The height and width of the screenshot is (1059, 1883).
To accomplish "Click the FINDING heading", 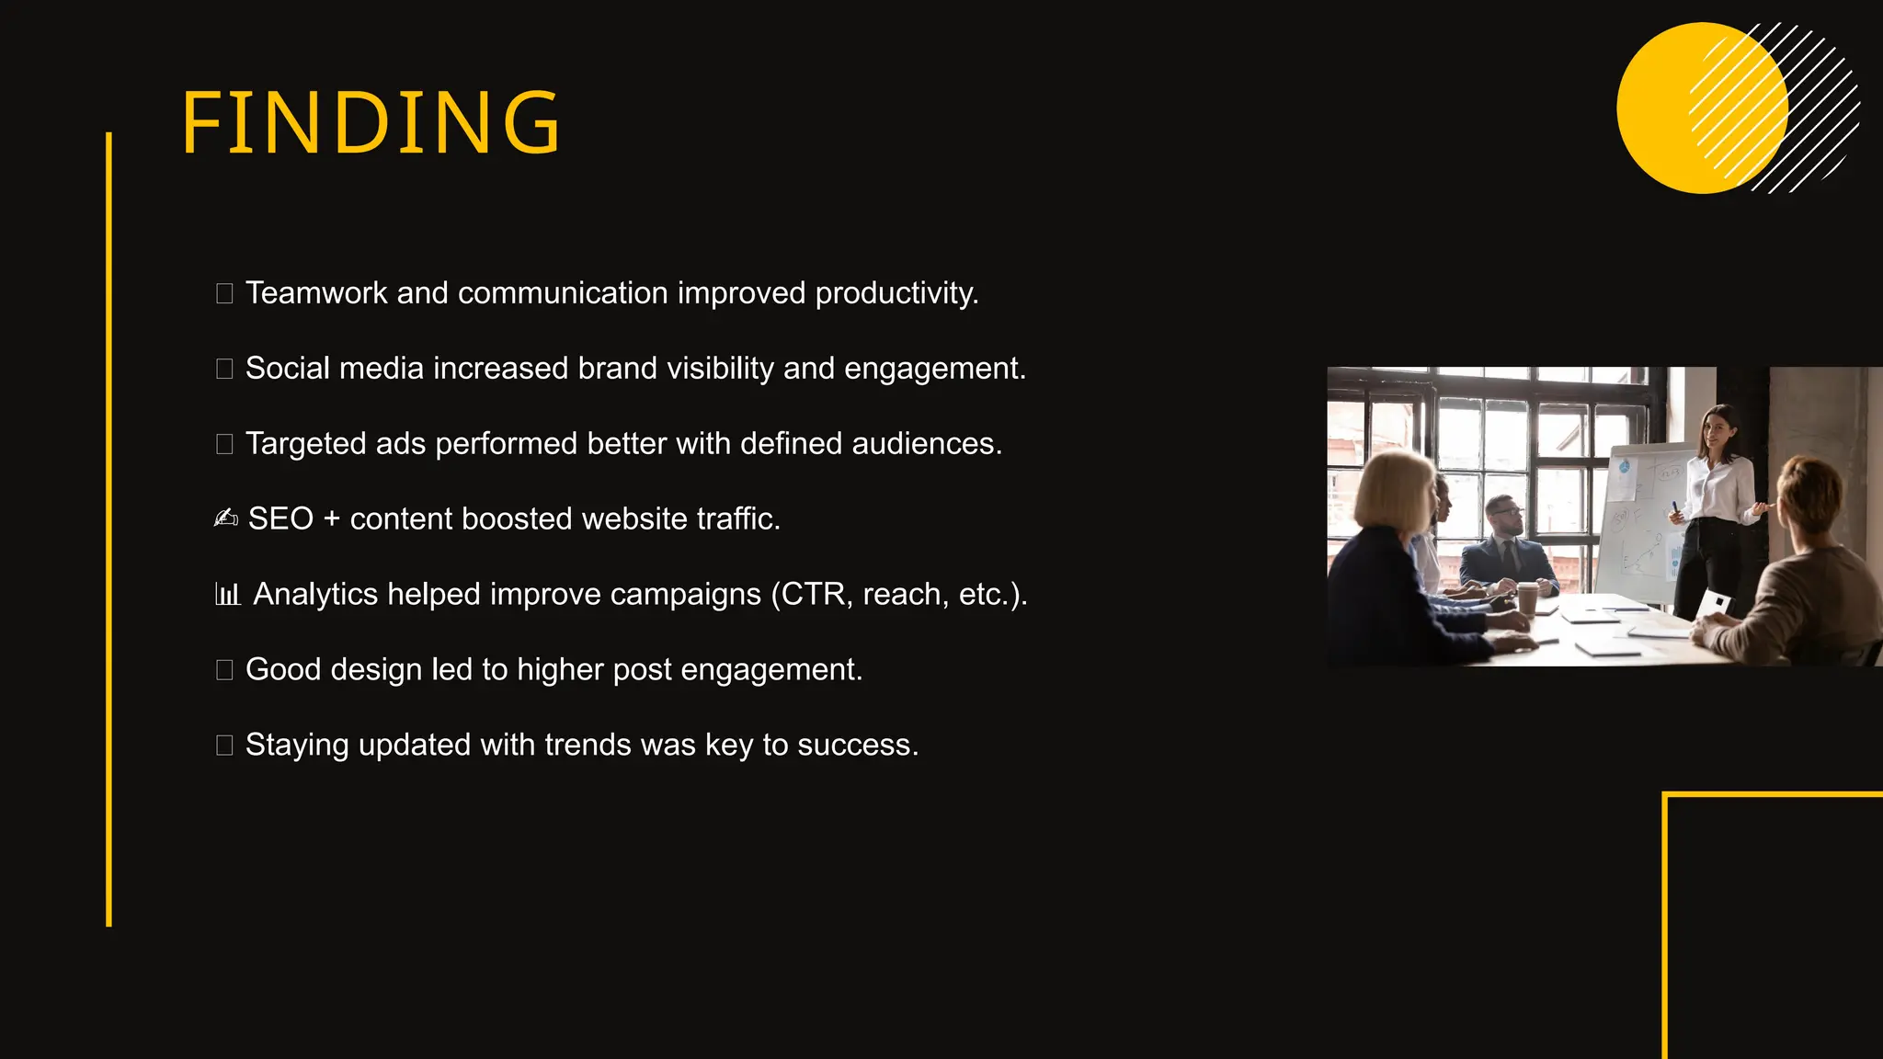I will (371, 122).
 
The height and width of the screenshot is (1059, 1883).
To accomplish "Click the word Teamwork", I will (316, 293).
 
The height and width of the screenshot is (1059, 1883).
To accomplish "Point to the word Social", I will (287, 369).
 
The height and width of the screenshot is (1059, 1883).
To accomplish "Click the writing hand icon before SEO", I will (225, 518).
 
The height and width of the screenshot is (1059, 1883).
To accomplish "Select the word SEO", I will (280, 519).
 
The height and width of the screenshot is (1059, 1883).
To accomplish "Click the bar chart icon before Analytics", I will (227, 594).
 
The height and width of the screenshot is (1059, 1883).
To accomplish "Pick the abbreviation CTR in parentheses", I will (813, 595).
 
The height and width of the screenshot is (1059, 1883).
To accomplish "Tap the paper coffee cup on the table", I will (1527, 598).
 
